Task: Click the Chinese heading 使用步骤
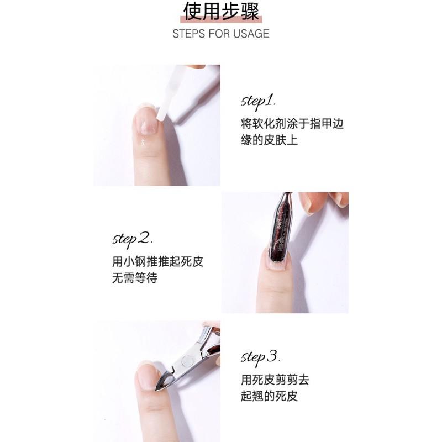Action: pyautogui.click(x=221, y=11)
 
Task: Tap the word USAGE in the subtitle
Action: pyautogui.click(x=251, y=34)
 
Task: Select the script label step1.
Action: pyautogui.click(x=258, y=102)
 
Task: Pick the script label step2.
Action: pyautogui.click(x=133, y=240)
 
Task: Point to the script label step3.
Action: pyautogui.click(x=260, y=358)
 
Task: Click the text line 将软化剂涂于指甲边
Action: pyautogui.click(x=292, y=124)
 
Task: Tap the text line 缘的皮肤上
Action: pyautogui.click(x=269, y=140)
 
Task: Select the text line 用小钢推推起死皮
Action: pyautogui.click(x=157, y=261)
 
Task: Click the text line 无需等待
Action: pyautogui.click(x=135, y=278)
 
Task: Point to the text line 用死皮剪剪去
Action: pyautogui.click(x=275, y=380)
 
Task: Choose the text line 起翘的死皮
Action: pyautogui.click(x=269, y=396)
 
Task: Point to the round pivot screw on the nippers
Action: pyautogui.click(x=186, y=361)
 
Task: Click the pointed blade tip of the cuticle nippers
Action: pyautogui.click(x=156, y=390)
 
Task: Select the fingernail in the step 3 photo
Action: pyautogui.click(x=146, y=378)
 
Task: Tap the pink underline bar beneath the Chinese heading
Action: pyautogui.click(x=221, y=20)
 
